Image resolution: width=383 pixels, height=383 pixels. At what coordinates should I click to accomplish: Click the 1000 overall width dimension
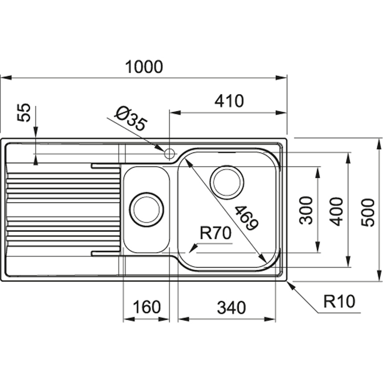click(x=144, y=67)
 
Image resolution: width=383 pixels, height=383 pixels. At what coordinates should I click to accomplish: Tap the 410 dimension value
click(x=229, y=102)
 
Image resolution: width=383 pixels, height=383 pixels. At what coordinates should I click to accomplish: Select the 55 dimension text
click(x=24, y=113)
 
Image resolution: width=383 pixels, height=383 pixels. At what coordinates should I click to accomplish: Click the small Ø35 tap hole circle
click(x=169, y=154)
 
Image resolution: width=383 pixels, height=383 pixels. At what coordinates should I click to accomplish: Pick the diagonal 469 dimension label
click(x=245, y=218)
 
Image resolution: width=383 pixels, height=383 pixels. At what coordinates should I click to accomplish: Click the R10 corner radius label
click(x=339, y=302)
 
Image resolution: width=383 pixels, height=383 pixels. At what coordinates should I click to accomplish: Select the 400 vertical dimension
click(x=337, y=211)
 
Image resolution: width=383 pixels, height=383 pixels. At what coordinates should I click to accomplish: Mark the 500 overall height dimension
click(x=368, y=212)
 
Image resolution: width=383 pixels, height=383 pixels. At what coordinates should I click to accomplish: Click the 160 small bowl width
click(x=147, y=307)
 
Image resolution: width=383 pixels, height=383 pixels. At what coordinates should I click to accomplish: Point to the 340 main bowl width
click(x=231, y=307)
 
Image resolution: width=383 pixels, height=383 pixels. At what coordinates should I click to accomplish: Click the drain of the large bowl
click(x=227, y=182)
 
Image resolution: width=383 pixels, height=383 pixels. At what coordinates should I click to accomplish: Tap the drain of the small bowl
click(x=146, y=209)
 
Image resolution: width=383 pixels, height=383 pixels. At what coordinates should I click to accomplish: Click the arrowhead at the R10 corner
click(x=290, y=285)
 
